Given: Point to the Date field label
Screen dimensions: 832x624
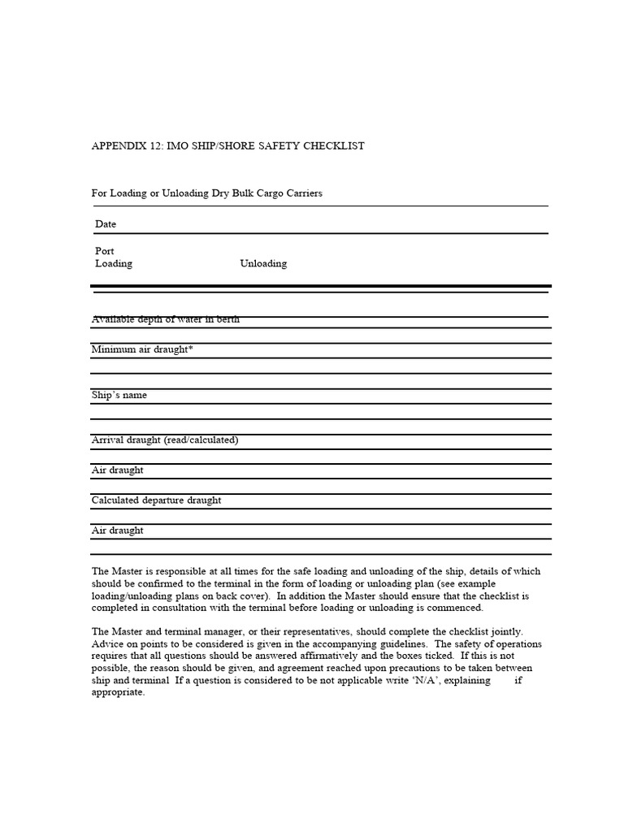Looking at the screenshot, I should (106, 224).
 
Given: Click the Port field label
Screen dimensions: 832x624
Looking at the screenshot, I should (105, 252).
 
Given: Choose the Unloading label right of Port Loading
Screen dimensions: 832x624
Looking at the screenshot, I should (263, 264).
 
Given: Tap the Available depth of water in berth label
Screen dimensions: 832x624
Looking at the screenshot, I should (165, 319).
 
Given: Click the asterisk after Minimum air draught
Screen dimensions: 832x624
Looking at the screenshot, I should (190, 349).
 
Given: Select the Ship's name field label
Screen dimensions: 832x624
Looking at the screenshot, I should (119, 396).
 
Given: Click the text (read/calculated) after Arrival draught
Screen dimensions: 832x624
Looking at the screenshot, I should (201, 440).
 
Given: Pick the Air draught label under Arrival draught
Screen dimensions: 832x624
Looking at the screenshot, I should (117, 470).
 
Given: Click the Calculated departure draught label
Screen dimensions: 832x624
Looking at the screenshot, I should (156, 500).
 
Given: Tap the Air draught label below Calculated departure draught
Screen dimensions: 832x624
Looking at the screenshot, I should (117, 531).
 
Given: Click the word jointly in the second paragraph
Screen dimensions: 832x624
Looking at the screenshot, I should (506, 632).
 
